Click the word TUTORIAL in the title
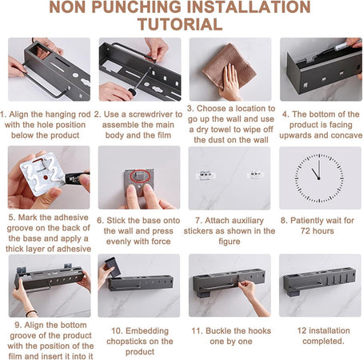[180, 24]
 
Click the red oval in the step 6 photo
[141, 176]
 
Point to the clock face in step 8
[319, 178]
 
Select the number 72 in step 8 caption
[306, 230]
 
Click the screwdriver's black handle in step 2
[132, 91]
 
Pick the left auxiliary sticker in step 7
[205, 175]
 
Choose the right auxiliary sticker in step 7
[255, 174]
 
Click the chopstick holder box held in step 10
[113, 267]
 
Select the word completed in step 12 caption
[323, 341]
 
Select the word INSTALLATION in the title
[249, 7]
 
